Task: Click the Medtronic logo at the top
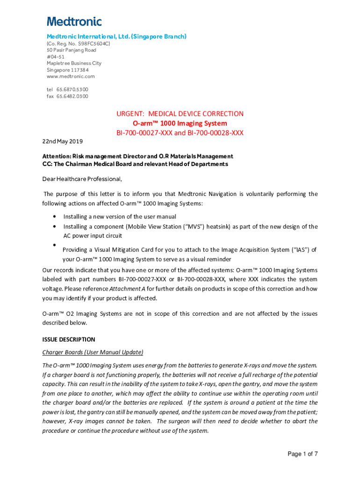click(74, 21)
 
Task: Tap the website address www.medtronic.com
click(71, 76)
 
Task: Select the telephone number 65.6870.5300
click(72, 89)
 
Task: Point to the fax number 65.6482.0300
click(72, 96)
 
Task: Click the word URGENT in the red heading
click(130, 114)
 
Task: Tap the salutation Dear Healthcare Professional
click(82, 178)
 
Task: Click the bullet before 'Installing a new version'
click(55, 217)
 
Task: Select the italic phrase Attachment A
click(127, 289)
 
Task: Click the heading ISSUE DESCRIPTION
click(68, 340)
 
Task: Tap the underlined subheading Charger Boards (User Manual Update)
click(93, 352)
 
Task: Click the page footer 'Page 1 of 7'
click(302, 454)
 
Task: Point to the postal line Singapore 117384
click(68, 70)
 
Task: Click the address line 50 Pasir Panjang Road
click(71, 50)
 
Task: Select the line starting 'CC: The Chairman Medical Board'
click(135, 164)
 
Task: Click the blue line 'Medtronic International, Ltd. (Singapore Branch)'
click(116, 36)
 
